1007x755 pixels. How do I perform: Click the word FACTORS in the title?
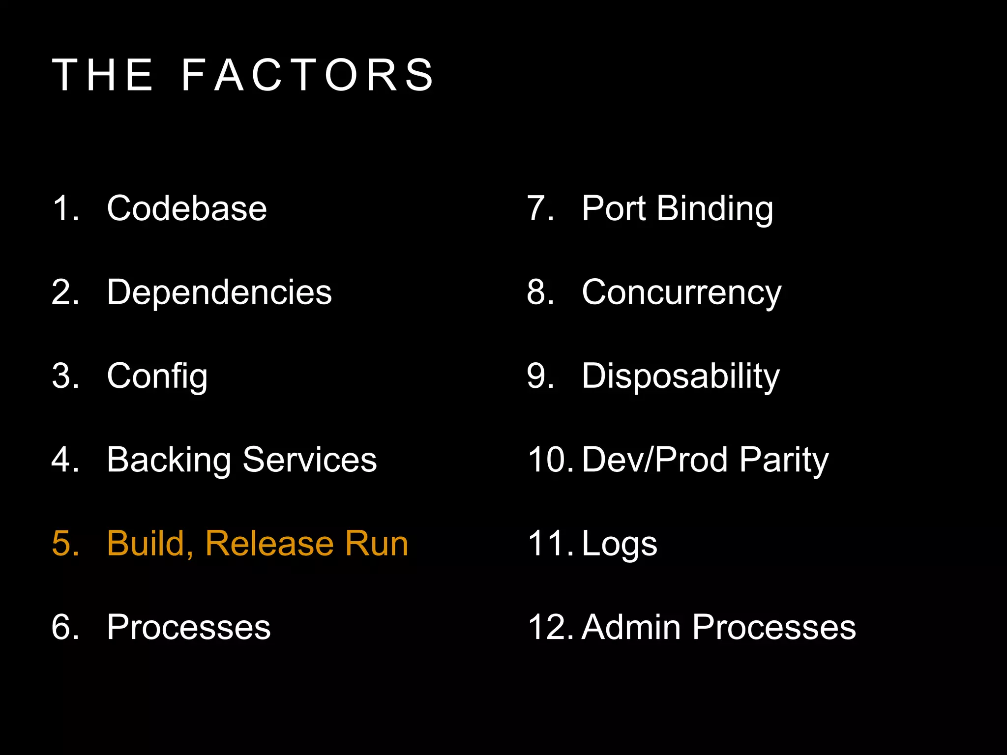(x=308, y=75)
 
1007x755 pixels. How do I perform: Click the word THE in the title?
(x=103, y=75)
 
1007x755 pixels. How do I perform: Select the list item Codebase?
(x=186, y=208)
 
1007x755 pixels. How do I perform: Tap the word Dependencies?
(x=219, y=292)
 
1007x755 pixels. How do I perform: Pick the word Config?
(x=157, y=377)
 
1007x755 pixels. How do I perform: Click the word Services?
(x=310, y=460)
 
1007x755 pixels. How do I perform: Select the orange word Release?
(x=269, y=544)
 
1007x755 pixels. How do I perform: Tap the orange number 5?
(x=65, y=544)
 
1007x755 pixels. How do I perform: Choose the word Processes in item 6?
(x=188, y=627)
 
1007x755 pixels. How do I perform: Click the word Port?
(x=613, y=208)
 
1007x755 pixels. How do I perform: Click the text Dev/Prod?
(x=654, y=460)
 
